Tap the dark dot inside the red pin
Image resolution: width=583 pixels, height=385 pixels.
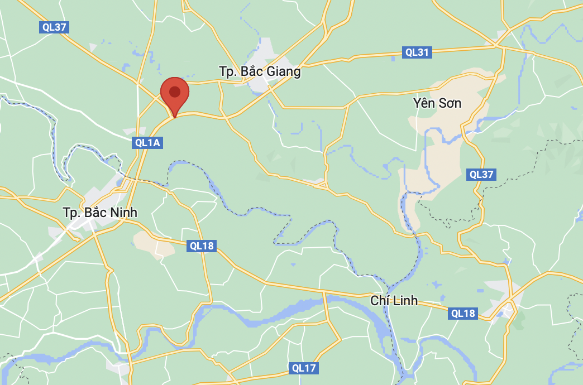tap(175, 92)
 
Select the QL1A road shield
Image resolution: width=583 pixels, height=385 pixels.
tap(148, 143)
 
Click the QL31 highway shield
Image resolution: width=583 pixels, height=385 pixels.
tap(417, 52)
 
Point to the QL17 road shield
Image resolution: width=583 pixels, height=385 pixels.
tap(304, 368)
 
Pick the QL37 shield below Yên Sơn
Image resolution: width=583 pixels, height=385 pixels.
tap(481, 174)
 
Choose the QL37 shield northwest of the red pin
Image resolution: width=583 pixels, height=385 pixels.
tap(54, 27)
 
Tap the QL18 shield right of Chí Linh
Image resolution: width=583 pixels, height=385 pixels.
tap(463, 314)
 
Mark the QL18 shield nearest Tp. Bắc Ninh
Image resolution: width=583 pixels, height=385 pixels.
tap(202, 246)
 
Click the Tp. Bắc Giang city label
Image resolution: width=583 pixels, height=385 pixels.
tap(260, 71)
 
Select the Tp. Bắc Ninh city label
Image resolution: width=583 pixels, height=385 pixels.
tap(100, 213)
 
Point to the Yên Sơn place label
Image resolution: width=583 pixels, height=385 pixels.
tap(437, 103)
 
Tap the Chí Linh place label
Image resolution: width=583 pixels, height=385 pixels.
tap(394, 301)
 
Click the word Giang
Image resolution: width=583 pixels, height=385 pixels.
tap(285, 71)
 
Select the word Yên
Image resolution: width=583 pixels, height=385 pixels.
tap(423, 103)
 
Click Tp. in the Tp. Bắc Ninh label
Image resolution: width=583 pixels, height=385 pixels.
tap(70, 213)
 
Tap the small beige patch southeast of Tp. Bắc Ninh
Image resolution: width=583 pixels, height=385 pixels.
tap(152, 244)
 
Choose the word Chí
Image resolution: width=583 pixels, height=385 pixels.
tap(380, 301)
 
